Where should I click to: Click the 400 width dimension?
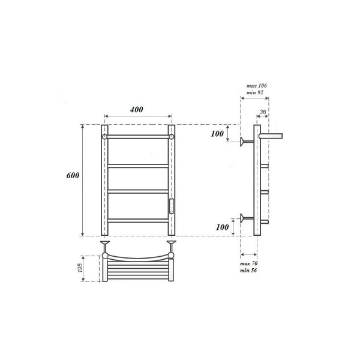tap(137, 110)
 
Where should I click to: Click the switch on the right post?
tap(172, 205)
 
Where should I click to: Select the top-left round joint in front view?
tap(104, 137)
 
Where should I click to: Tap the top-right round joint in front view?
tap(172, 137)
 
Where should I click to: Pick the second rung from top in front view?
tap(137, 164)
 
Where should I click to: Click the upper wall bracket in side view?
tap(245, 142)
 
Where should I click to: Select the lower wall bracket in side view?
tap(245, 217)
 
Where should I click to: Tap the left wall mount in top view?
tap(104, 245)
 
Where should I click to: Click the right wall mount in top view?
tap(172, 245)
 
